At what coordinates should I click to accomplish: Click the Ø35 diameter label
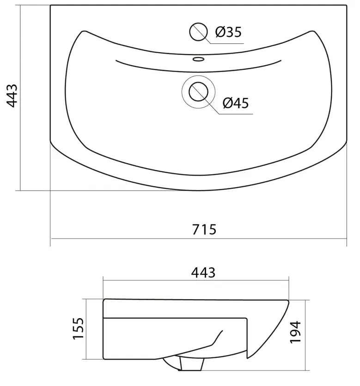coord(228,32)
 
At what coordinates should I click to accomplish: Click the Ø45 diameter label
coord(236,103)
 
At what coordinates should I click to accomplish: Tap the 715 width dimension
coord(204,229)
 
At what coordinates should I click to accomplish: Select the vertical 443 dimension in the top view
coord(12,96)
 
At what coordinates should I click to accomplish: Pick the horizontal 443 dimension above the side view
coord(203,272)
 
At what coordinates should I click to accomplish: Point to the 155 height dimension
coord(79,328)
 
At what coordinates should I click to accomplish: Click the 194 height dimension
coord(295,332)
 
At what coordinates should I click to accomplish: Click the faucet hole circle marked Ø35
coord(198,32)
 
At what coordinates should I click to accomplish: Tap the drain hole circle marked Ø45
coord(198,92)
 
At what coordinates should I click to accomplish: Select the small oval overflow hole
coord(198,59)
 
